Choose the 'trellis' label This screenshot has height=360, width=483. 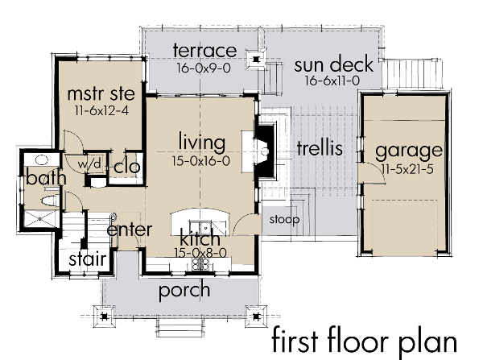(x=320, y=148)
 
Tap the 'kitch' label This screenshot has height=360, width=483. (x=200, y=239)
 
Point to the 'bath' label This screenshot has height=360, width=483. (x=39, y=176)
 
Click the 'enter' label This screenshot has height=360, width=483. (x=130, y=230)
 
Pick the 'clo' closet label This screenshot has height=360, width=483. (x=128, y=167)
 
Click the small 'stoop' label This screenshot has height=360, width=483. (x=284, y=219)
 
